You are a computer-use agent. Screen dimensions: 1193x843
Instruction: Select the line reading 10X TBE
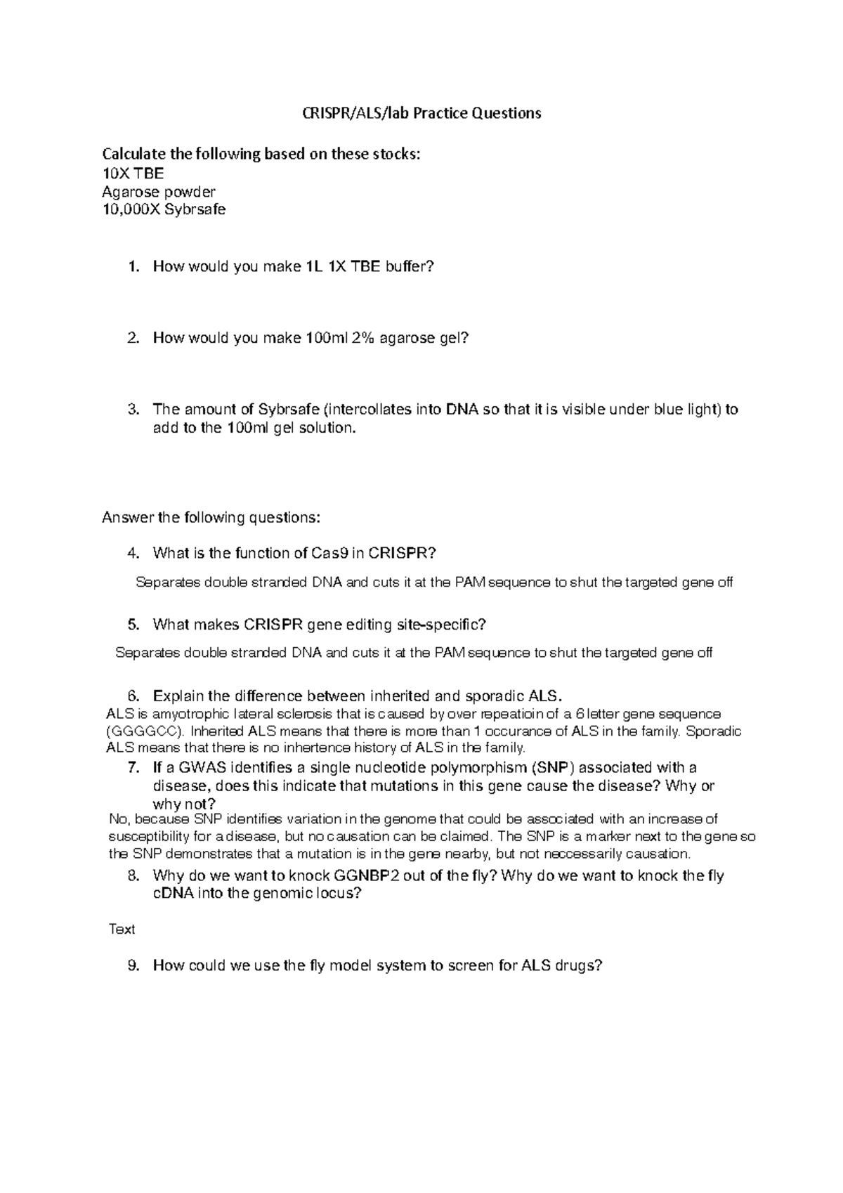click(133, 174)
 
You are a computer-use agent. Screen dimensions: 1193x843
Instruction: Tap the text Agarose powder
click(159, 192)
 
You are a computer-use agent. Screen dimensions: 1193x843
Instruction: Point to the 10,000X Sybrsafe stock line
click(164, 209)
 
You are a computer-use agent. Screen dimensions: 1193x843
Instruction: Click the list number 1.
click(133, 267)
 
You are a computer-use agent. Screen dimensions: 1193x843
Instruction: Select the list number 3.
click(133, 410)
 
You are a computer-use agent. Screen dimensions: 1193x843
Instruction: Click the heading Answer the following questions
click(211, 518)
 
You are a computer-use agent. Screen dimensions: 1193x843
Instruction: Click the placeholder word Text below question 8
click(122, 930)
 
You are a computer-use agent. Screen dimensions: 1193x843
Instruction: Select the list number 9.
click(133, 966)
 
